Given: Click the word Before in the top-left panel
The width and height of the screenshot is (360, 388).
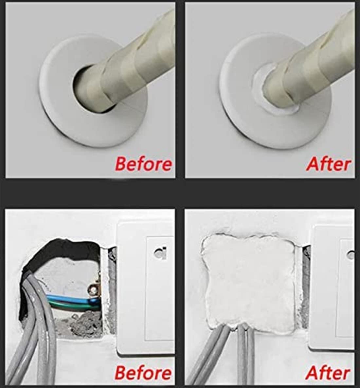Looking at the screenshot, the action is (x=144, y=164).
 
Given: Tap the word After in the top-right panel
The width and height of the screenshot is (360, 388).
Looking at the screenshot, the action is (x=329, y=164).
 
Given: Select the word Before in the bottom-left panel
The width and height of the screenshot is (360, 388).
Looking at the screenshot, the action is (x=144, y=373).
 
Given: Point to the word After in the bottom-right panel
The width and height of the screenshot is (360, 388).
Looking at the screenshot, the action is (x=328, y=373).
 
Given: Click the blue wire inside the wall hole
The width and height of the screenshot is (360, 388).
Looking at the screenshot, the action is (x=72, y=297).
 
